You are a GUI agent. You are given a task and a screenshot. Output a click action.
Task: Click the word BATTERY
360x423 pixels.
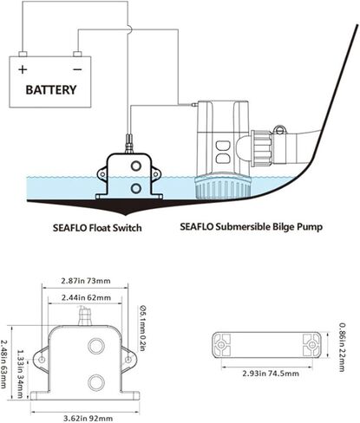click(x=51, y=90)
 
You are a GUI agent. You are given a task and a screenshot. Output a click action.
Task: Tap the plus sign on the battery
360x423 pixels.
click(x=23, y=69)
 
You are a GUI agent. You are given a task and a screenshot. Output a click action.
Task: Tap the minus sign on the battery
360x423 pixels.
click(x=77, y=69)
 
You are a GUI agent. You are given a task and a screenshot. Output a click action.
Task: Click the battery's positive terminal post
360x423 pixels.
click(x=23, y=54)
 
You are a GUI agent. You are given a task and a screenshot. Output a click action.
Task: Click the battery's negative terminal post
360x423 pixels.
click(x=77, y=54)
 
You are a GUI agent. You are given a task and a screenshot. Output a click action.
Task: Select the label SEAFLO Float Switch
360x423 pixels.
click(x=97, y=228)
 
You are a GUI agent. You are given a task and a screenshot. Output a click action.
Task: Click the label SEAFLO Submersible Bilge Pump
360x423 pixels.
click(x=251, y=227)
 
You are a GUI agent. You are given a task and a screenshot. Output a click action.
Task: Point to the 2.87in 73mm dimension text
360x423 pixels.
click(x=86, y=281)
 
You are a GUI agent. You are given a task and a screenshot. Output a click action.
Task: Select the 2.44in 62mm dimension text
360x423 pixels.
click(x=86, y=297)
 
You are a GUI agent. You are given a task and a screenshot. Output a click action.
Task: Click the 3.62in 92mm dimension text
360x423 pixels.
click(x=88, y=418)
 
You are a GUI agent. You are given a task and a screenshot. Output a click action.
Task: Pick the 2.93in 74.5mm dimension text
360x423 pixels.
click(x=271, y=374)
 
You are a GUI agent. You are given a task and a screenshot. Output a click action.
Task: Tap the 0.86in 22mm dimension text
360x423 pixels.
click(x=342, y=347)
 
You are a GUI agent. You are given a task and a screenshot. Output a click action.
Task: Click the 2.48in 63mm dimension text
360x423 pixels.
click(x=4, y=364)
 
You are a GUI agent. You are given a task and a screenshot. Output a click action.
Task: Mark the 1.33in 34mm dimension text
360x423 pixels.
click(x=20, y=374)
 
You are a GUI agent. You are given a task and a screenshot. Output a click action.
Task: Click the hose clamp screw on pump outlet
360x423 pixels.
click(x=279, y=130)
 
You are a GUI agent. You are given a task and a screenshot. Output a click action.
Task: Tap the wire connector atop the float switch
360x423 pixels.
click(x=128, y=143)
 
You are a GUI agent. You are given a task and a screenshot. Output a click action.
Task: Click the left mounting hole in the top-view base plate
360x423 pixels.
click(x=221, y=345)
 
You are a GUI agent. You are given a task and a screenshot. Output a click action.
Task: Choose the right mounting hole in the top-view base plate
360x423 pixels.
click(x=311, y=345)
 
